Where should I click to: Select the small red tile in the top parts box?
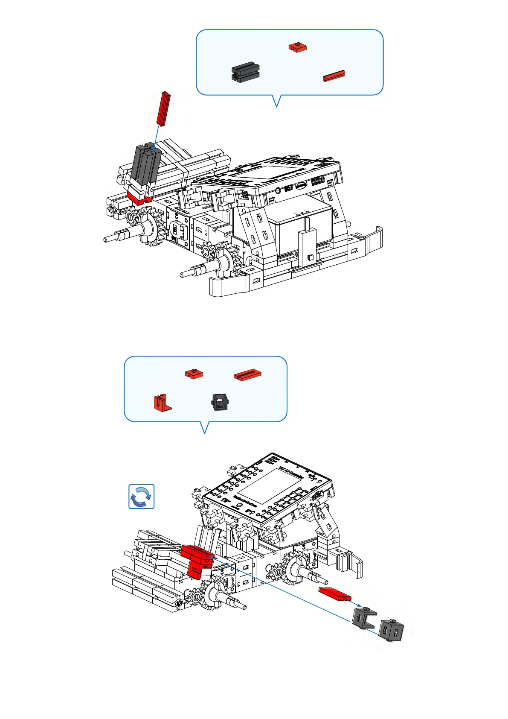pyautogui.click(x=297, y=47)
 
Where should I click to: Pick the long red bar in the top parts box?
pyautogui.click(x=334, y=76)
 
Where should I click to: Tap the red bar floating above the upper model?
pyautogui.click(x=163, y=108)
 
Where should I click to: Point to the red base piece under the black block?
pyautogui.click(x=139, y=197)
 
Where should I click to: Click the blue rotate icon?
pyautogui.click(x=141, y=497)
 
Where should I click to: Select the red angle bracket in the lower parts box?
pyautogui.click(x=162, y=403)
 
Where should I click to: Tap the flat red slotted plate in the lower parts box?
pyautogui.click(x=247, y=375)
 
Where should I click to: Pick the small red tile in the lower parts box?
pyautogui.click(x=194, y=374)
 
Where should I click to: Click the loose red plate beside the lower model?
pyautogui.click(x=335, y=593)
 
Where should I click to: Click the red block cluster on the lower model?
pyautogui.click(x=197, y=561)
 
